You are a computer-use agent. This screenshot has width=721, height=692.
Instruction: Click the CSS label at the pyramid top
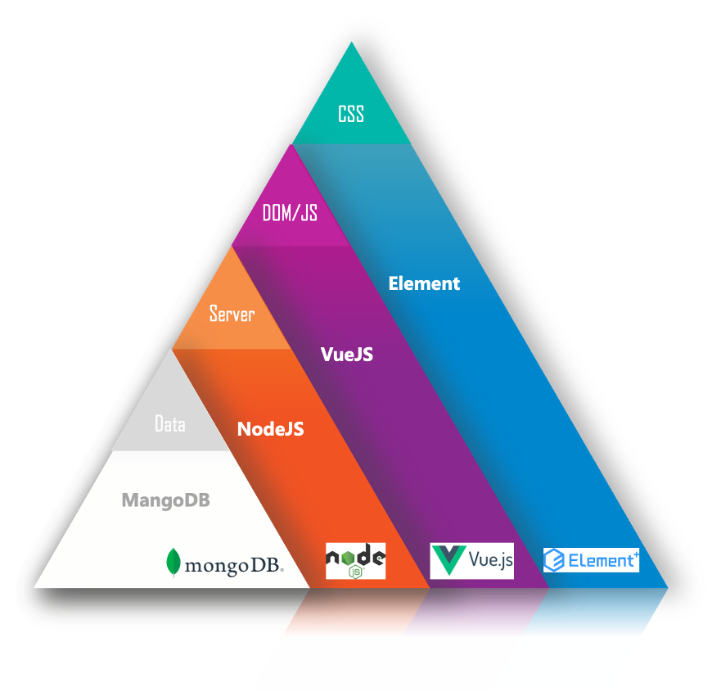pyautogui.click(x=351, y=114)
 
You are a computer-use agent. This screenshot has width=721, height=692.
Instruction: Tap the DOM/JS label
pyautogui.click(x=290, y=214)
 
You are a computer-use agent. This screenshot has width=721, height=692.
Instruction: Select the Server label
pyautogui.click(x=232, y=314)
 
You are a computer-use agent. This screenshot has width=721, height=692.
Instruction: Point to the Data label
pyautogui.click(x=170, y=424)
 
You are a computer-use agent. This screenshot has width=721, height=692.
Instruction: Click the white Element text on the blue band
pyautogui.click(x=424, y=283)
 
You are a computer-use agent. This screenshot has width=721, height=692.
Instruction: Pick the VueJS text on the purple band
pyautogui.click(x=347, y=355)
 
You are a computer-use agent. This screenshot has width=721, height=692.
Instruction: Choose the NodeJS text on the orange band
pyautogui.click(x=270, y=428)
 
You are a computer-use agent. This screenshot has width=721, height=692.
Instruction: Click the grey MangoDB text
pyautogui.click(x=165, y=500)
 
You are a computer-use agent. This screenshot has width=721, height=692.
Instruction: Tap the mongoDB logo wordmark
pyautogui.click(x=234, y=565)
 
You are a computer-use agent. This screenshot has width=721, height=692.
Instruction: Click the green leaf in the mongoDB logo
pyautogui.click(x=173, y=562)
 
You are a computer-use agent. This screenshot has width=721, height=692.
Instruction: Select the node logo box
pyautogui.click(x=355, y=561)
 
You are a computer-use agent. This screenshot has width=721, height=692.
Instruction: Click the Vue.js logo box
pyautogui.click(x=472, y=560)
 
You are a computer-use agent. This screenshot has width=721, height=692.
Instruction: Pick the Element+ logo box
pyautogui.click(x=591, y=560)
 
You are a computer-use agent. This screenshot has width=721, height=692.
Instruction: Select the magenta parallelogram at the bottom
pyautogui.click(x=434, y=663)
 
